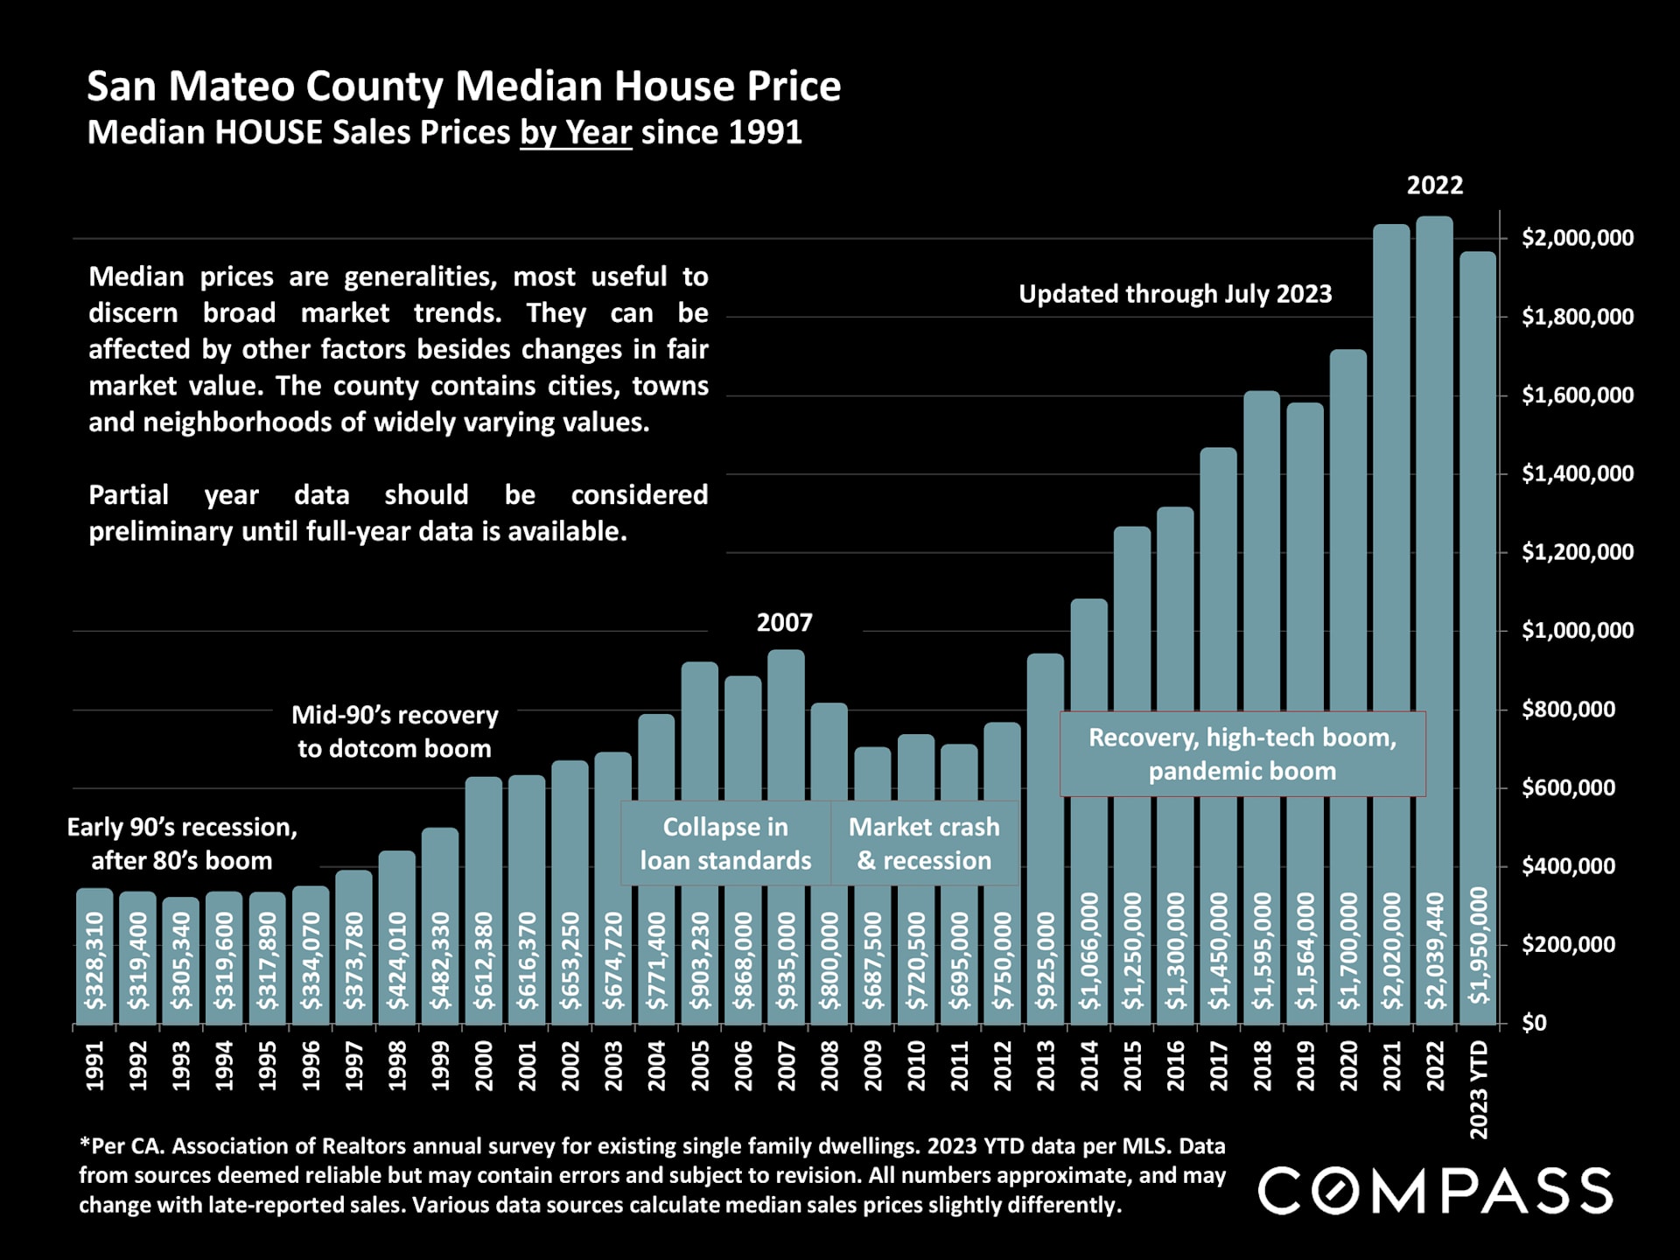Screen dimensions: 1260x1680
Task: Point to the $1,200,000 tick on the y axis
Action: (x=1577, y=552)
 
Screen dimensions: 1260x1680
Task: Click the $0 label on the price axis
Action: (x=1534, y=1023)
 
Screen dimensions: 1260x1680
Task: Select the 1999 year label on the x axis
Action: (x=441, y=1066)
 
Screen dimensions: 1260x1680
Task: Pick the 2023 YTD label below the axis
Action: (x=1479, y=1090)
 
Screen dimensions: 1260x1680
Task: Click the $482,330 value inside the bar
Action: (x=441, y=961)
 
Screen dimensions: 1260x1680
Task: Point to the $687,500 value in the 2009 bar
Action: (x=872, y=961)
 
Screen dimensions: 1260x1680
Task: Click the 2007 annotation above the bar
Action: (x=785, y=623)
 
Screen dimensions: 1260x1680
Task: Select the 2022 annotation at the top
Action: (x=1435, y=185)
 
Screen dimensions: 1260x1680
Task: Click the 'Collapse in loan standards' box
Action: (x=725, y=843)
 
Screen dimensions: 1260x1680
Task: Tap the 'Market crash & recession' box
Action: (x=924, y=843)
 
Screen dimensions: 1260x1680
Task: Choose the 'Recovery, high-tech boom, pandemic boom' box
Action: (x=1242, y=754)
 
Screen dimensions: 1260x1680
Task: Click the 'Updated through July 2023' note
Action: (x=1175, y=294)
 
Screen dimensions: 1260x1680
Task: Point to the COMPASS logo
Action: (x=1435, y=1191)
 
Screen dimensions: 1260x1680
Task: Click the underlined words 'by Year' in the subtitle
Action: (x=576, y=133)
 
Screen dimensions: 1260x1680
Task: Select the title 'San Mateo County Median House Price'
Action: (x=464, y=86)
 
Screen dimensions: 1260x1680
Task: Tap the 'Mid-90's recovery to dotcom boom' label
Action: (x=395, y=731)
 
